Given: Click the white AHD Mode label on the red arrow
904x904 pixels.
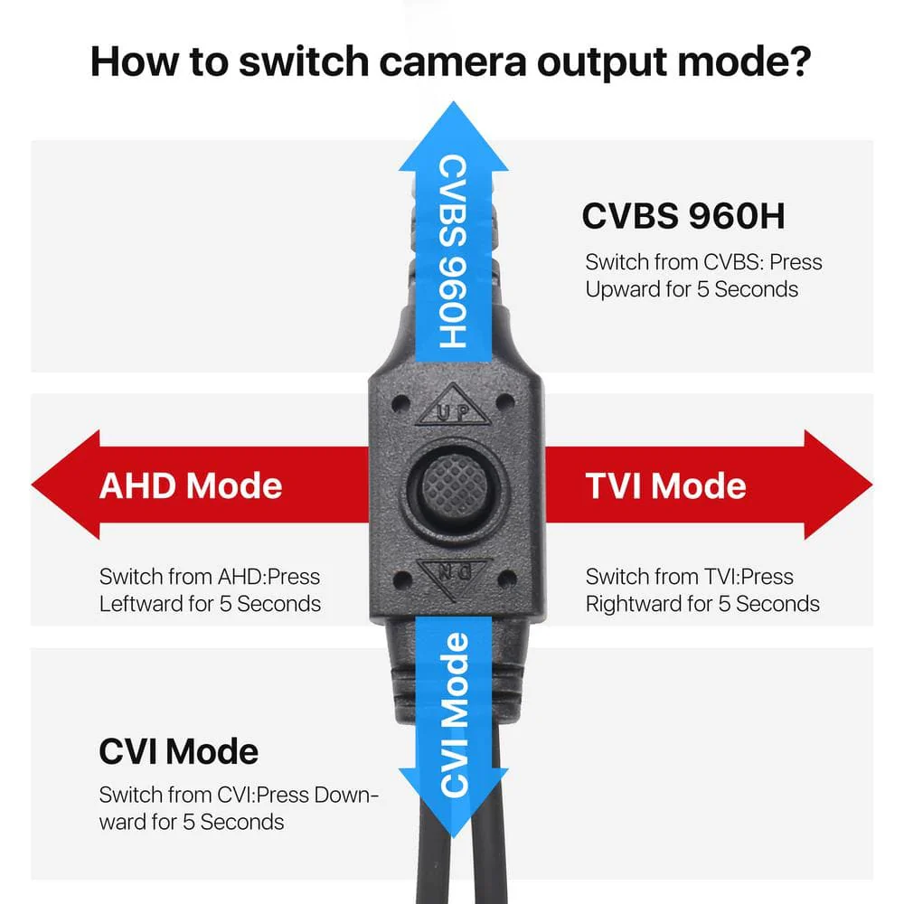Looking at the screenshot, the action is tap(191, 485).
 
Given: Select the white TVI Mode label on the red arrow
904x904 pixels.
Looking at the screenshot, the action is tap(666, 485).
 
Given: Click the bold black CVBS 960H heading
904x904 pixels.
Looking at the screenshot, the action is tap(683, 216).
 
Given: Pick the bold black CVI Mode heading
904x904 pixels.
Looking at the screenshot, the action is tap(179, 751).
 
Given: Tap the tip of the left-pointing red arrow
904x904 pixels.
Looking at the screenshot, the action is tap(33, 485).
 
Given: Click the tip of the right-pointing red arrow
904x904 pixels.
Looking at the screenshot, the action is tap(871, 485).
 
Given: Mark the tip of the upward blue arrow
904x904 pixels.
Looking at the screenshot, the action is tap(454, 102).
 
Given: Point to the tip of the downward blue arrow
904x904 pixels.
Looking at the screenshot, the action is tap(454, 836).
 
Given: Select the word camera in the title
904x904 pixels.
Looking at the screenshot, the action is tap(453, 62).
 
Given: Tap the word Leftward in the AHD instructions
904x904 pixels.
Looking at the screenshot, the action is tap(139, 604).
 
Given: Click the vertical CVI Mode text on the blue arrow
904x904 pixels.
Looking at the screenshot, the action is tap(455, 714).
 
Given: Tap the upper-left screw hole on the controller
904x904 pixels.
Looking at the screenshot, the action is tap(400, 403).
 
